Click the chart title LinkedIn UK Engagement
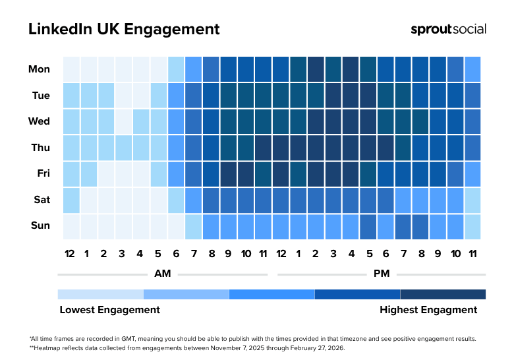124,30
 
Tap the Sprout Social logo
448,29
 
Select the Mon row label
39,69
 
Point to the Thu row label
41,148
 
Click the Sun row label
40,225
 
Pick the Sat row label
41,200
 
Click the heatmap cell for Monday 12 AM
71,69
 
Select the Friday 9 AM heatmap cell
228,174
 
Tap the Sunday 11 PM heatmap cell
472,226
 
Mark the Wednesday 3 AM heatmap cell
123,121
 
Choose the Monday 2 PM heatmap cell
315,69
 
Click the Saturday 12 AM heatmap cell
71,200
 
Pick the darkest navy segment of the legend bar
443,294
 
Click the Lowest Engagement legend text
109,310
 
